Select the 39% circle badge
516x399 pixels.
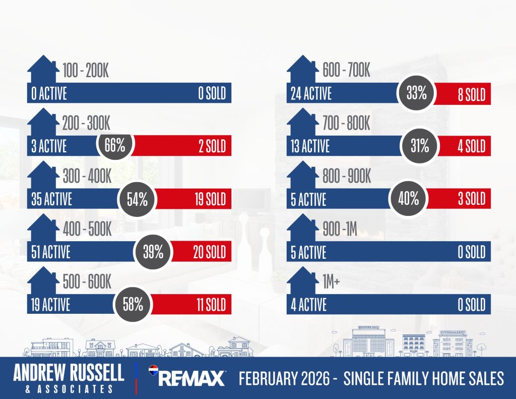point(153,252)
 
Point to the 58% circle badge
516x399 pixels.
point(133,305)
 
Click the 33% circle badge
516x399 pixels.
point(416,93)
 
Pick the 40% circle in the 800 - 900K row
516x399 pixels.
point(408,198)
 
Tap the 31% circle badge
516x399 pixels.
point(419,146)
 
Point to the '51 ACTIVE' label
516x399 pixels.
point(51,252)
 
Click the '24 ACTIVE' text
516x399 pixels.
point(311,94)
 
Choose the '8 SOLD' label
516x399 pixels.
point(471,94)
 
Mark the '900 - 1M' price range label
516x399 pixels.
point(340,230)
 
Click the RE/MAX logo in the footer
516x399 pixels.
point(186,377)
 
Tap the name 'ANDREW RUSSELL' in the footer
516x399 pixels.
point(69,373)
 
